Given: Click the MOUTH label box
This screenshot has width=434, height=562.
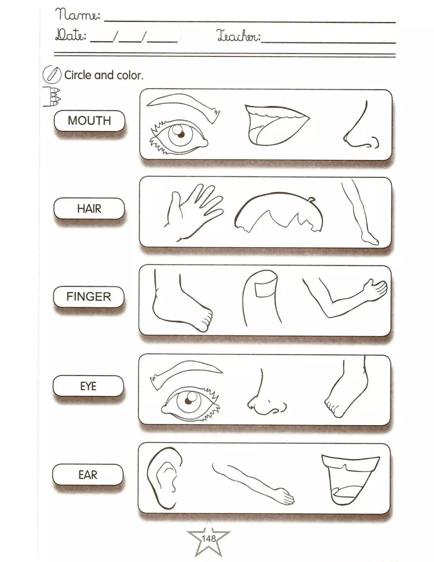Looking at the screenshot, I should [89, 121].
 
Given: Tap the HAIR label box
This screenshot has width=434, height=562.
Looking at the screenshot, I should [89, 208].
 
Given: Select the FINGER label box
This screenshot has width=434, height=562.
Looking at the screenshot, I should [89, 297].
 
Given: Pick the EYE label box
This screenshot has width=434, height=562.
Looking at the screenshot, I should [88, 386].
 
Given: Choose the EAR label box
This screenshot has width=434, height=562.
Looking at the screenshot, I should [88, 475].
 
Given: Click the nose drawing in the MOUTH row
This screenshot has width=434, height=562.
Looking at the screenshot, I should [359, 129].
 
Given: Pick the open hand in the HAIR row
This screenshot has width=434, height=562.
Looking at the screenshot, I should [192, 211].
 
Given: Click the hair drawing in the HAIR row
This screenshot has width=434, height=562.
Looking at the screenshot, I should [279, 211].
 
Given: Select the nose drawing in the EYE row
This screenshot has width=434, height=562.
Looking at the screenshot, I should [265, 399].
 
